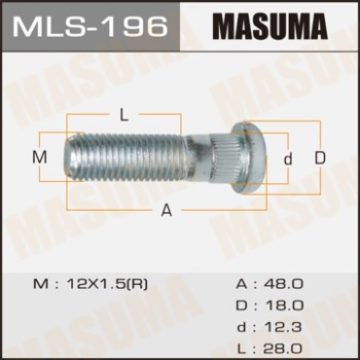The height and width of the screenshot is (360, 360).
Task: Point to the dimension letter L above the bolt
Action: tap(124, 116)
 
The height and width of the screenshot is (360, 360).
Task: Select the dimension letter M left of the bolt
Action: tap(40, 157)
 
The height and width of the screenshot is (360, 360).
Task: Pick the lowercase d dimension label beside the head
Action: tap(288, 159)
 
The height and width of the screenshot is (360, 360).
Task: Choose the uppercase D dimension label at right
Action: tap(320, 158)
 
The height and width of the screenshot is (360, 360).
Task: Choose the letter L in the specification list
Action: tap(241, 348)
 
